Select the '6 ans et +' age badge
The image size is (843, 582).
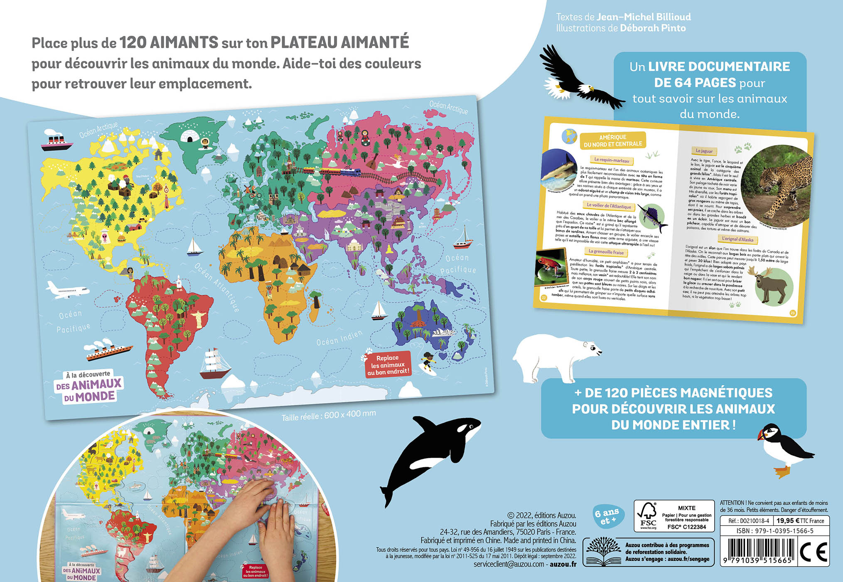[607, 516]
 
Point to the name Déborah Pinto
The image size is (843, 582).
[653, 28]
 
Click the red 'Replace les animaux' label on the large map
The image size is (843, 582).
[388, 365]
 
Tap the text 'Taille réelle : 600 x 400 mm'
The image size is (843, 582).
[328, 415]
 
